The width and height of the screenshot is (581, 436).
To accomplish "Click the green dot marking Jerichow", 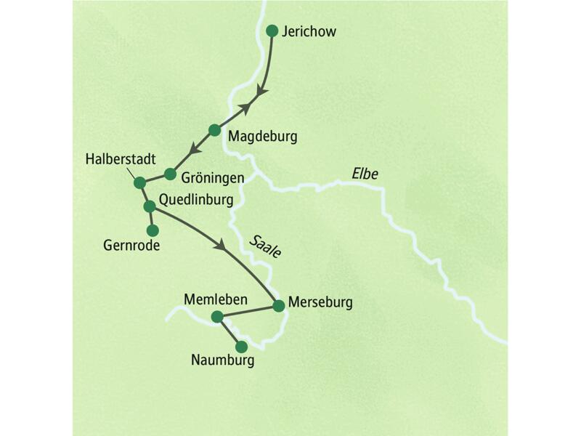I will tap(272, 31).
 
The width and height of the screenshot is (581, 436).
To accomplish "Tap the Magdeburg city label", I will tap(262, 136).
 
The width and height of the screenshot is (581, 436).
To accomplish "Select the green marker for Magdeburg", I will tap(214, 130).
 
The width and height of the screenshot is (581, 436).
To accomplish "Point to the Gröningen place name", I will tap(212, 177).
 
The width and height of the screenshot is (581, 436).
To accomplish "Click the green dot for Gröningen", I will tap(170, 174).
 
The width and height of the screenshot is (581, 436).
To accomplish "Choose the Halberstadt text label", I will tap(119, 158).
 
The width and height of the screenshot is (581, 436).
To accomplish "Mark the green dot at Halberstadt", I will tap(140, 182).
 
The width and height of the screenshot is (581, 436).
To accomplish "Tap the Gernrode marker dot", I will tap(153, 230).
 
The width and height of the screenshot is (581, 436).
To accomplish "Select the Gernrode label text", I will tap(131, 246).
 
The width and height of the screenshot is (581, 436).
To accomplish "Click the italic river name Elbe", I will tap(365, 174).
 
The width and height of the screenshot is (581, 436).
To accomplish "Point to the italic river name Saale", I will tap(266, 245).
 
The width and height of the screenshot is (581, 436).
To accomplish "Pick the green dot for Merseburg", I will tap(278, 306).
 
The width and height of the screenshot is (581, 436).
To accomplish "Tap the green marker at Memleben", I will tap(216, 316).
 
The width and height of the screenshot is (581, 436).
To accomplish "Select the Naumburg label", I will tap(222, 359).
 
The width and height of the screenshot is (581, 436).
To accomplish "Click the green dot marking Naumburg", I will tap(241, 347).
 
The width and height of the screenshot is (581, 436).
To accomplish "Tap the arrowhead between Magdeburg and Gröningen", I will tap(194, 150).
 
